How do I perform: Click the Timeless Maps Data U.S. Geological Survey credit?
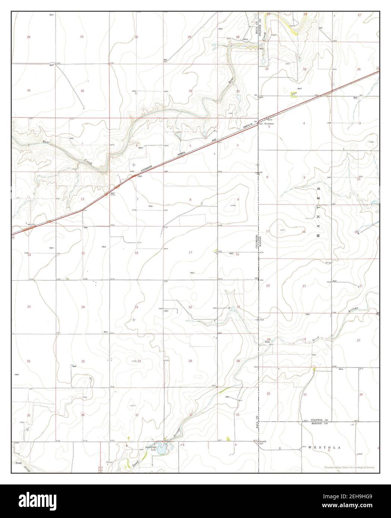(x=349, y=467)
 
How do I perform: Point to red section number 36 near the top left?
(x=82, y=91)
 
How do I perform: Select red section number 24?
(x=83, y=307)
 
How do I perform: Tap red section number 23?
(x=29, y=307)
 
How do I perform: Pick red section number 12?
(x=82, y=199)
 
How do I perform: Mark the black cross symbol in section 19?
(x=134, y=320)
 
